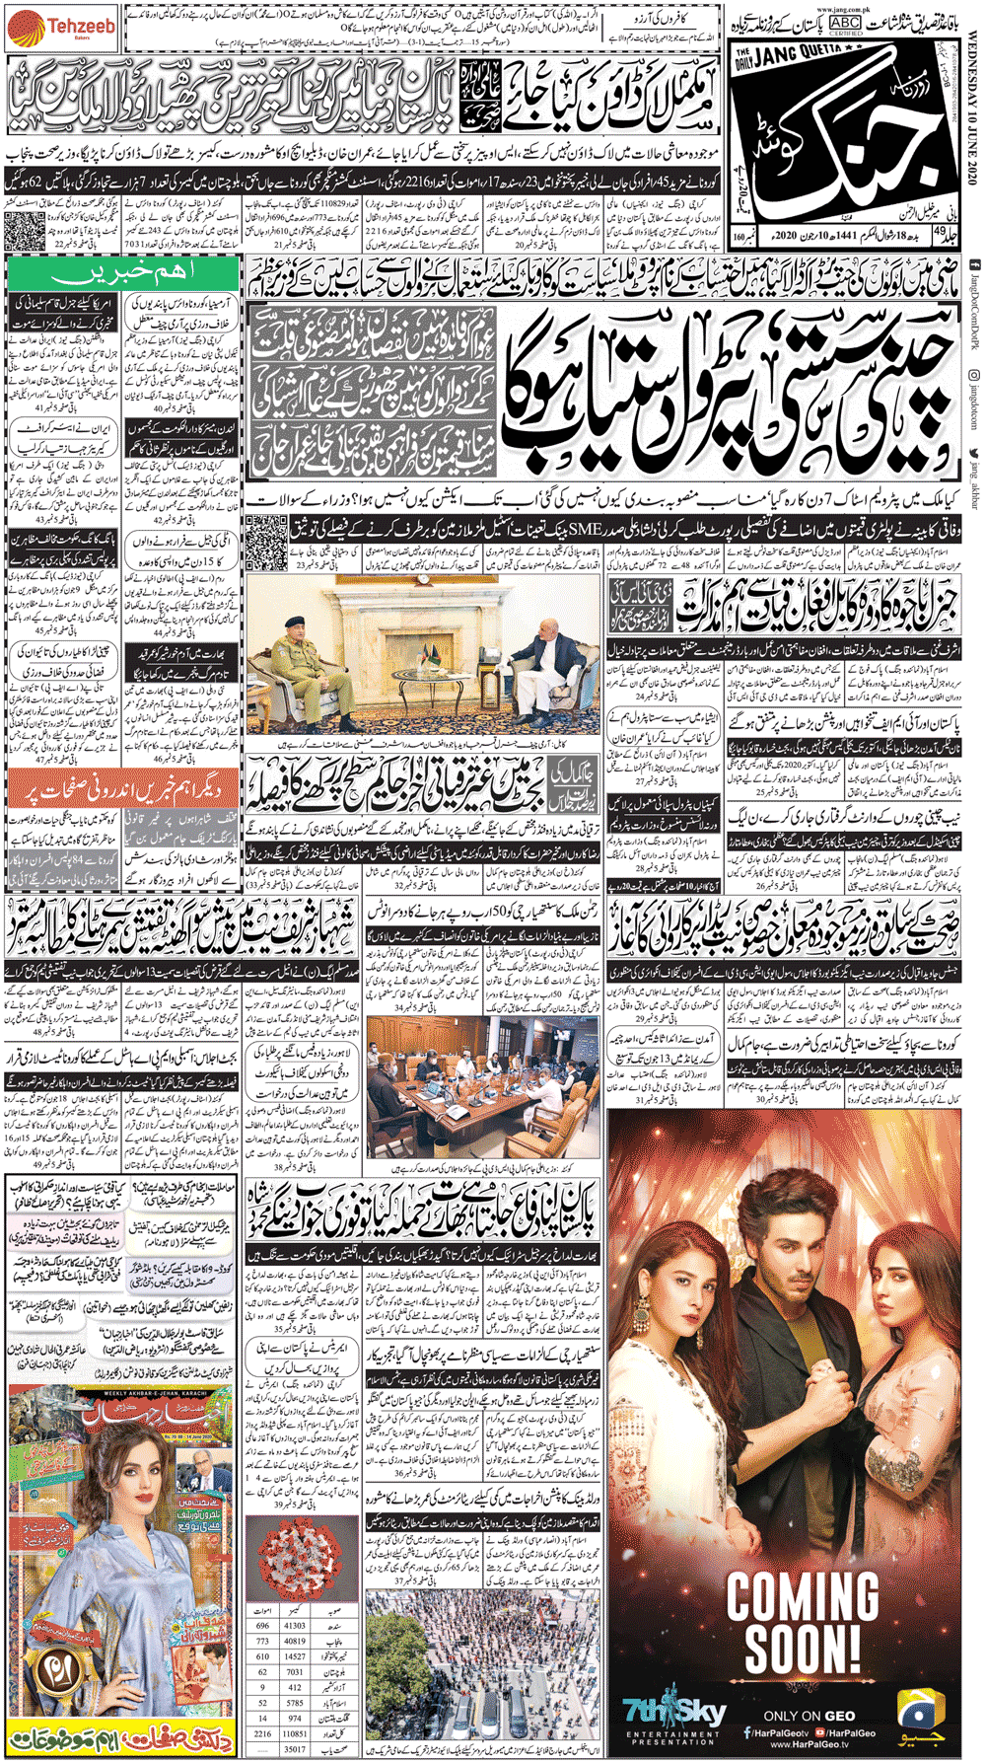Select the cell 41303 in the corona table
point(294,1625)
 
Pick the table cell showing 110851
point(294,1732)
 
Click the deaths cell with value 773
point(262,1641)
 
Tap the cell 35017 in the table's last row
point(294,1748)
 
